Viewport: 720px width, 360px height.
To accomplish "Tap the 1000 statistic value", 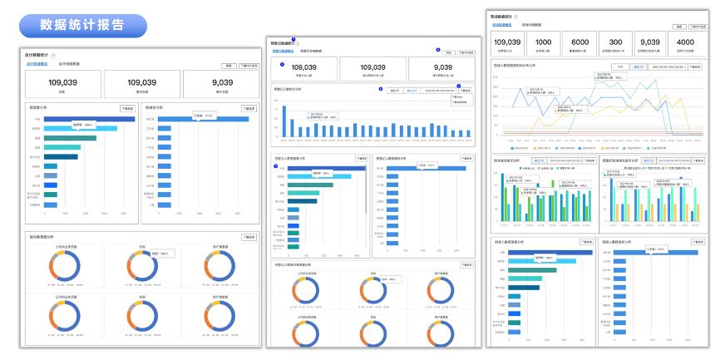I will (543, 42).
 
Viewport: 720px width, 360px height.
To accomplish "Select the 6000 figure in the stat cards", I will (580, 42).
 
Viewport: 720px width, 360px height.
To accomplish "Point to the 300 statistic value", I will (616, 42).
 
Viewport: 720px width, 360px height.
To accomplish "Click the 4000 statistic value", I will (686, 42).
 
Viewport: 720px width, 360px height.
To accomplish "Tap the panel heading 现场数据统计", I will (505, 17).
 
